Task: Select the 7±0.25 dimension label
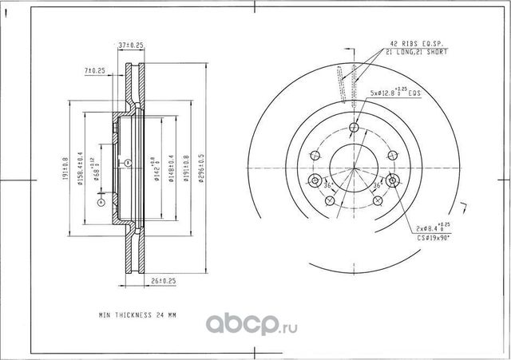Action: (x=96, y=71)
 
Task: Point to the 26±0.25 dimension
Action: (x=163, y=280)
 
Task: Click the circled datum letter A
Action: (x=101, y=204)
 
